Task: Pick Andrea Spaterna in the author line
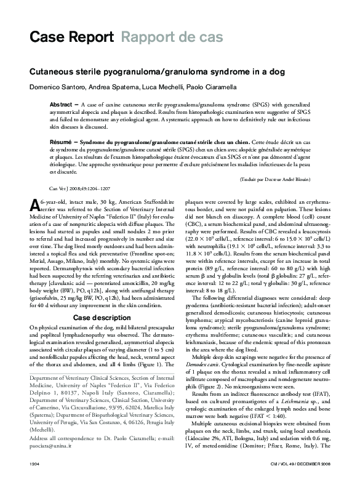click(x=111, y=87)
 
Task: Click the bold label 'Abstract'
click(x=62, y=105)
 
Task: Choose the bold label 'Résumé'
click(x=61, y=142)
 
